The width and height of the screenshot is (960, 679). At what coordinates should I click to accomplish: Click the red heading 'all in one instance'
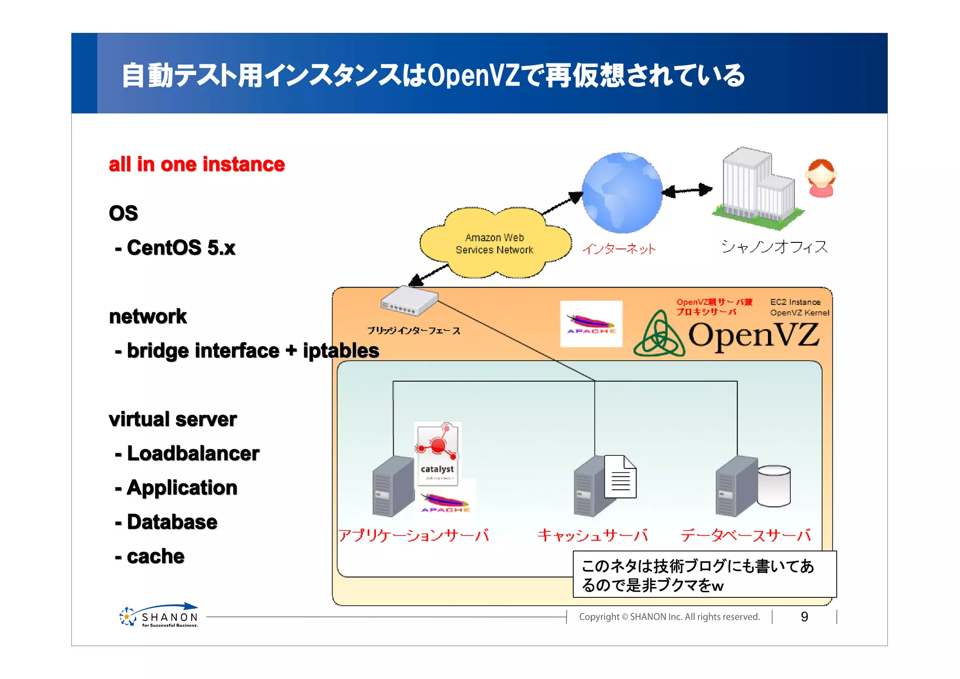(196, 165)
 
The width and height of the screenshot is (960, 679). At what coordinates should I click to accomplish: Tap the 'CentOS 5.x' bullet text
(180, 248)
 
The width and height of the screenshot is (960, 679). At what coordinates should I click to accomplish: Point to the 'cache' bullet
(155, 556)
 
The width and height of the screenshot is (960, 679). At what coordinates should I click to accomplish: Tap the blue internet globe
(622, 193)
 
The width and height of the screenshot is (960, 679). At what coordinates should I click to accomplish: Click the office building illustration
(757, 188)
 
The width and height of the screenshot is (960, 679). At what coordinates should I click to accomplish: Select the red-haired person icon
(821, 178)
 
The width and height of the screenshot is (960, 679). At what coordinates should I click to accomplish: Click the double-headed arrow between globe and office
(687, 190)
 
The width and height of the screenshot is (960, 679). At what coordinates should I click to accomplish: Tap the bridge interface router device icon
(409, 302)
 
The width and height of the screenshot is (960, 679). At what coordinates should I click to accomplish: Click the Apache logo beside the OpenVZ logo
(591, 324)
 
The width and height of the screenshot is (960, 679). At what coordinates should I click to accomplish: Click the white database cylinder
(773, 486)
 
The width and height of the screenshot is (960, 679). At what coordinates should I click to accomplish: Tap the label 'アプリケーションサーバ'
(413, 535)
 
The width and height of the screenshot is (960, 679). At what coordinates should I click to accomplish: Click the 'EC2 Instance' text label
(795, 302)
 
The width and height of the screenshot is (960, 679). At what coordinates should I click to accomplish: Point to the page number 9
(804, 617)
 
